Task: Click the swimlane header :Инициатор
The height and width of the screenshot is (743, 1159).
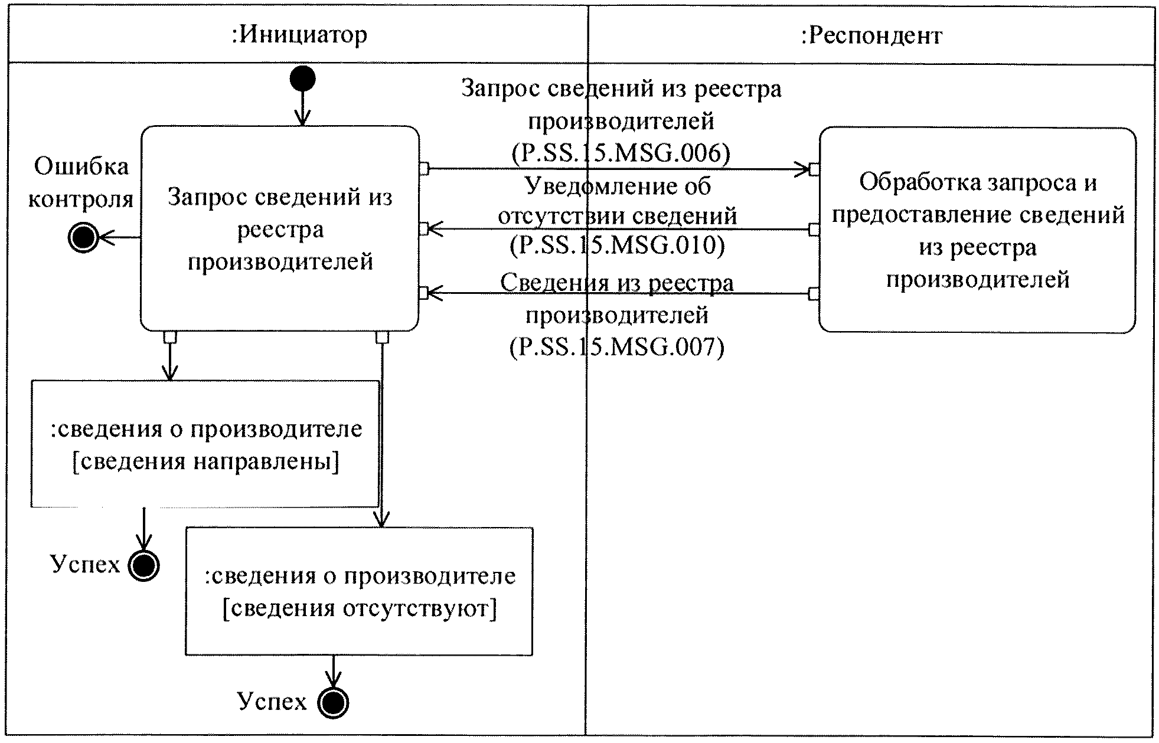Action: (x=299, y=35)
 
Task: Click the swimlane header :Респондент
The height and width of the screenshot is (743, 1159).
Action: (x=871, y=36)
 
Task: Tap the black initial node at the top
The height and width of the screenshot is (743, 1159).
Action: (x=302, y=78)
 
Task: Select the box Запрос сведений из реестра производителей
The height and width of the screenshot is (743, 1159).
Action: (x=280, y=228)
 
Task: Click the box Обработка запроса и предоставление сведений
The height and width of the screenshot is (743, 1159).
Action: (x=977, y=230)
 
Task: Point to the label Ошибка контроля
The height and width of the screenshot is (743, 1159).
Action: (x=81, y=182)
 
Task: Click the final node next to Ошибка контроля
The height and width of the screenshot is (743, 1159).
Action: (x=83, y=238)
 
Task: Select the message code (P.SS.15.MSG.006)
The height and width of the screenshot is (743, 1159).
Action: (x=620, y=153)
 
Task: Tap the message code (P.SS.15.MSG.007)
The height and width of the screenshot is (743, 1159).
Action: (x=616, y=346)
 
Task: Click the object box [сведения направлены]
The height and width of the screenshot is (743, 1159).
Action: (x=205, y=444)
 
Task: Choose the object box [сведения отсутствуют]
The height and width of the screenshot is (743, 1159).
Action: (x=359, y=591)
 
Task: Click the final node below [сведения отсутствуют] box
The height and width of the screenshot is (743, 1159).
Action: (x=333, y=703)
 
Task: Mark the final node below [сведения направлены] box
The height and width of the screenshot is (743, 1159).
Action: (x=143, y=566)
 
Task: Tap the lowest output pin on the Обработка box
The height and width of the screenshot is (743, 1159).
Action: (x=814, y=293)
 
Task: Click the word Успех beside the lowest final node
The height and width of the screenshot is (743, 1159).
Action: (x=272, y=701)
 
